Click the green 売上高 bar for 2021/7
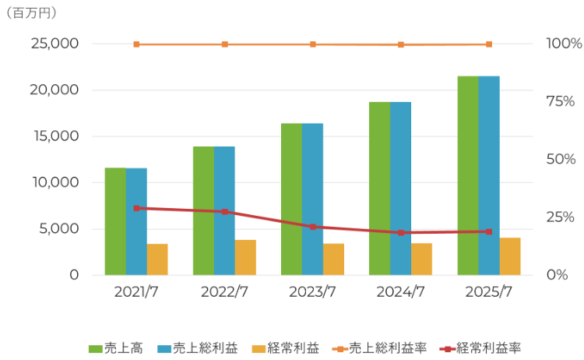(x=115, y=221)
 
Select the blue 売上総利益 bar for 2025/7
(x=489, y=175)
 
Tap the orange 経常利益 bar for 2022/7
(x=245, y=257)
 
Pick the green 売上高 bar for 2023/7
(x=291, y=199)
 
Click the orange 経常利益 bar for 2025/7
(x=510, y=256)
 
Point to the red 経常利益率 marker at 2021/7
(x=136, y=208)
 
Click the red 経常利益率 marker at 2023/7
(x=313, y=227)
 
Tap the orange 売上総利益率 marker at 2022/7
(x=224, y=44)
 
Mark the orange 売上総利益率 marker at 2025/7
(x=489, y=44)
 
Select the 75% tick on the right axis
(x=565, y=101)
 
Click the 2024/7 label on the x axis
(x=401, y=293)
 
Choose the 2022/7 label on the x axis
(x=224, y=293)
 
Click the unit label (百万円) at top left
(x=30, y=13)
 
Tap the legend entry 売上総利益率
(x=377, y=348)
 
